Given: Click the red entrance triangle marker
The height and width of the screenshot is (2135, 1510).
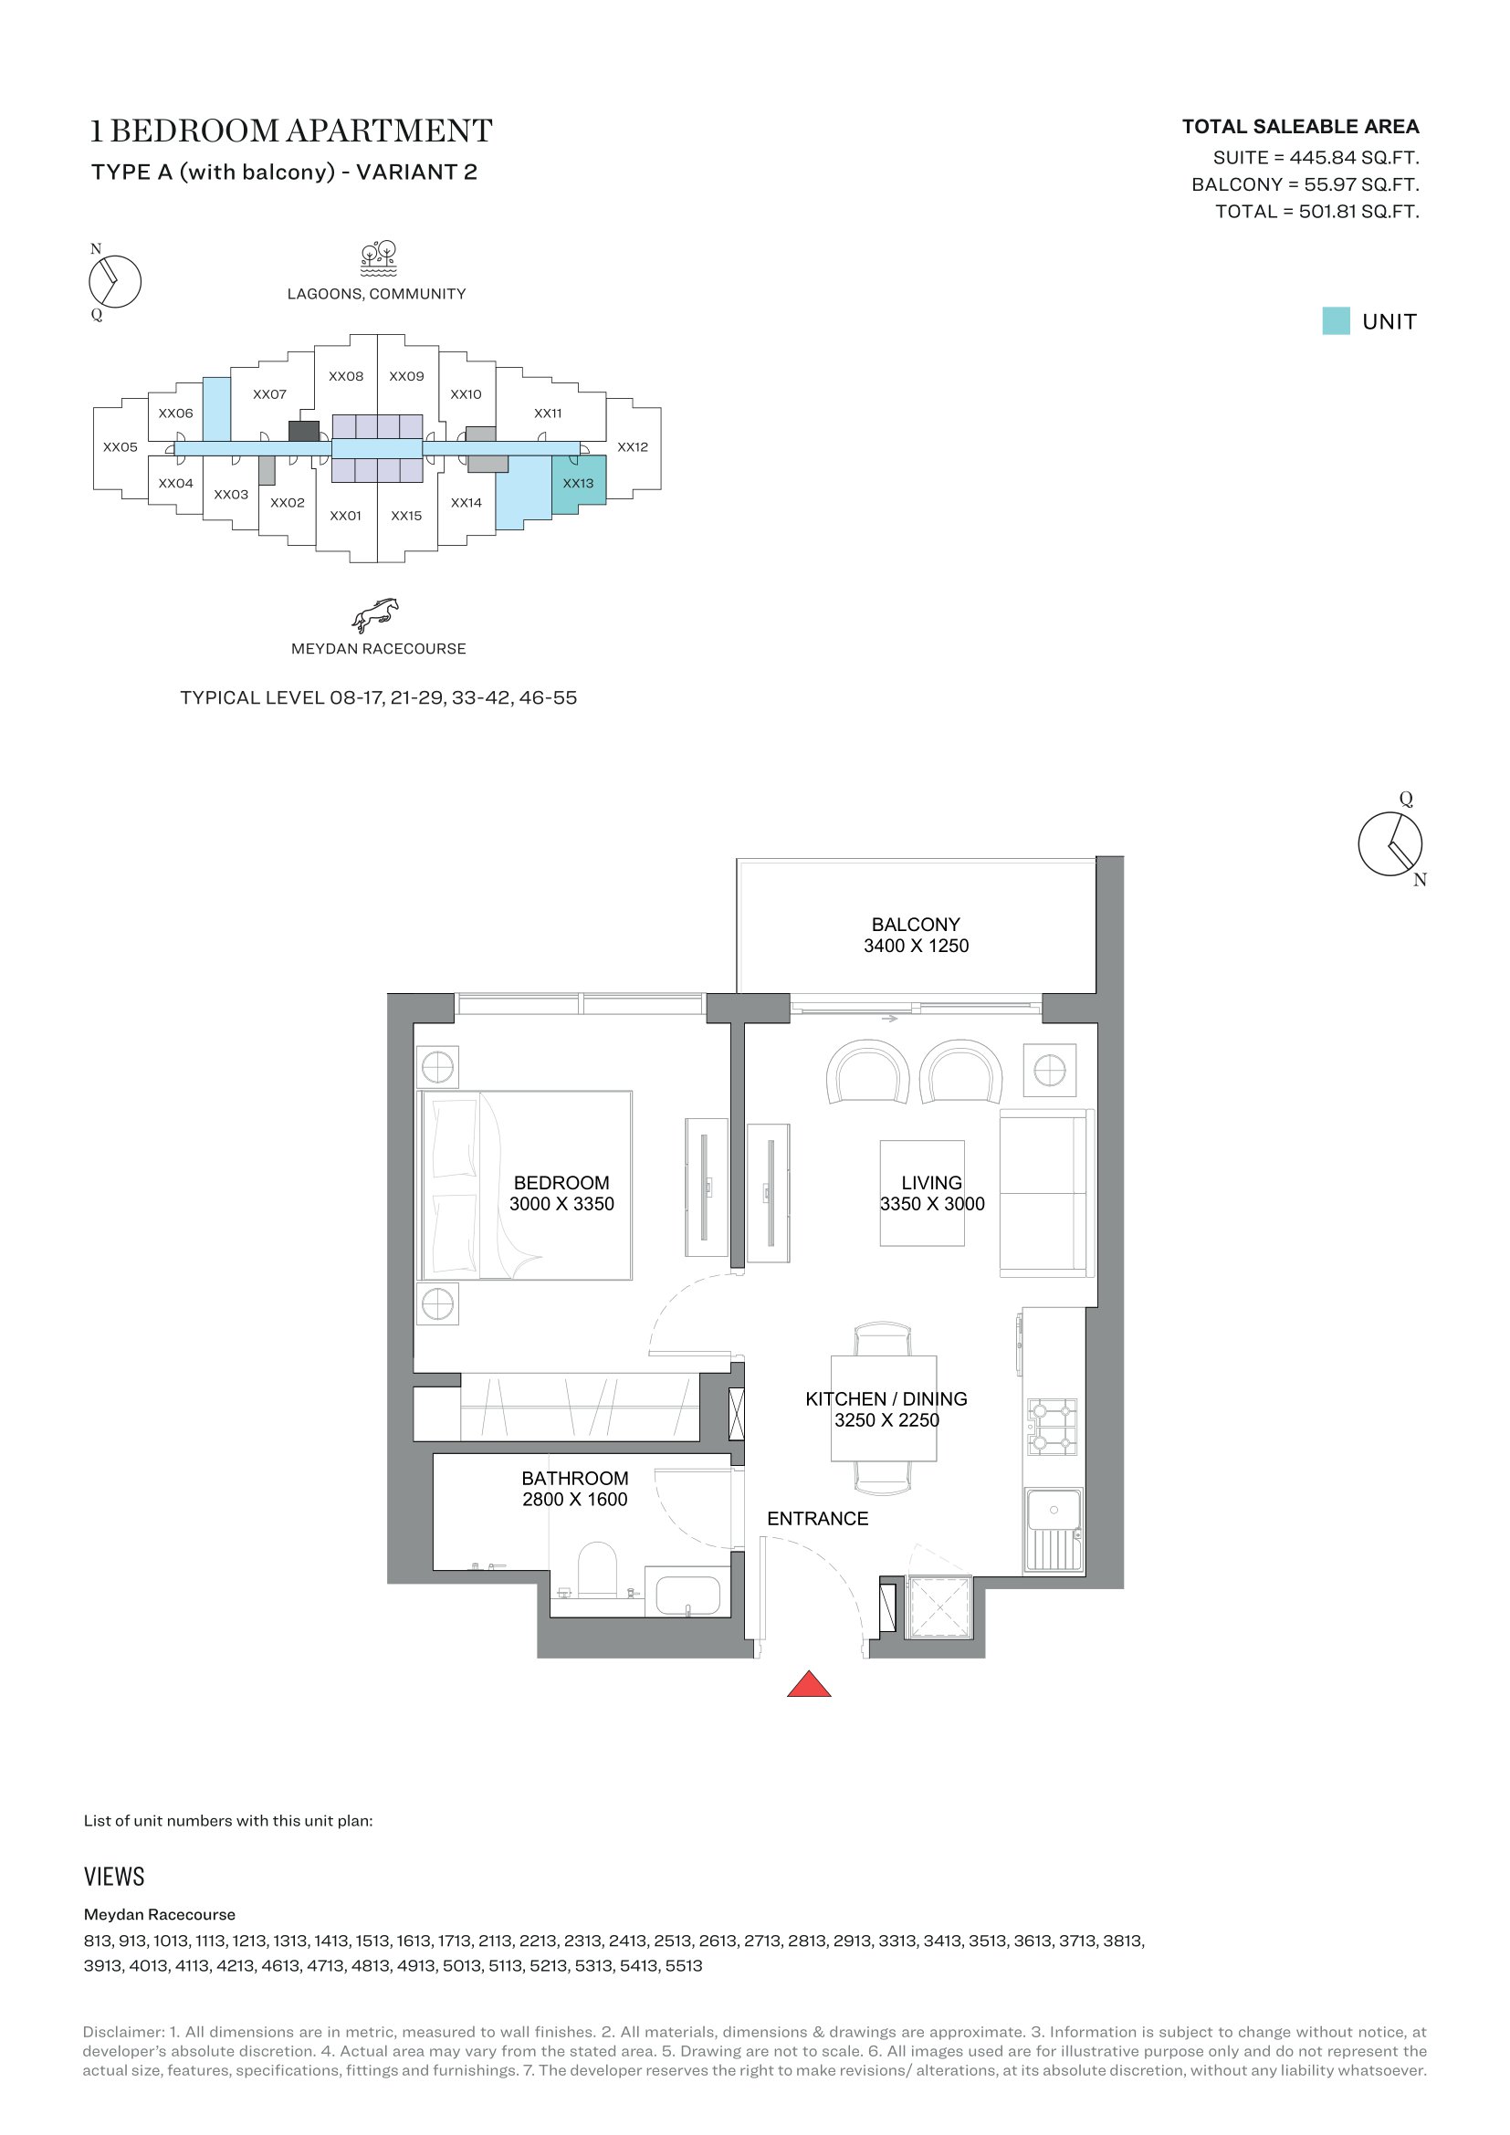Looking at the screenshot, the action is click(809, 1685).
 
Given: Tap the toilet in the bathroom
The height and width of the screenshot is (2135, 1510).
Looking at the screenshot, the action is click(597, 1570).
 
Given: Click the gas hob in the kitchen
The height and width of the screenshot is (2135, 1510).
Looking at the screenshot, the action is click(1052, 1427).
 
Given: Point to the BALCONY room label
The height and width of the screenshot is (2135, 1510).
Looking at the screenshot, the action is click(915, 925).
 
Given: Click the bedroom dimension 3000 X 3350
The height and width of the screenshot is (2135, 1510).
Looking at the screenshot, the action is click(561, 1204).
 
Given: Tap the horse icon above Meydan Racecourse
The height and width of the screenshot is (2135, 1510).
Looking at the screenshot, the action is click(374, 614).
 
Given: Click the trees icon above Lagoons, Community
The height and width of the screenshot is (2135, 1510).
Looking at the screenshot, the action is click(379, 259).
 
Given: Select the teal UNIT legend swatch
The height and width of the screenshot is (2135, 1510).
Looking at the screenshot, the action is click(1336, 320).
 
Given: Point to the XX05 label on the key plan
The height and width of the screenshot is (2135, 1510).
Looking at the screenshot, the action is click(120, 447).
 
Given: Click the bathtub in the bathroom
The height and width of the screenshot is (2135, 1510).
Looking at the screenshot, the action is click(687, 1595).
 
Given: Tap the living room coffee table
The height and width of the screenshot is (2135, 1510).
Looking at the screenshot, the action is click(922, 1193).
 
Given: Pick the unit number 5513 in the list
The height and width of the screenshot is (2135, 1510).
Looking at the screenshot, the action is click(684, 1966).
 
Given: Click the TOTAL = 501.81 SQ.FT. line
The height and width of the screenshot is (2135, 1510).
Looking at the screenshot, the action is click(1316, 212).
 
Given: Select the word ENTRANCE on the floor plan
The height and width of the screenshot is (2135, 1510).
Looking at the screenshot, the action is click(817, 1519).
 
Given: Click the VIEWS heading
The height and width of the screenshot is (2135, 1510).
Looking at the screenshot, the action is click(114, 1877).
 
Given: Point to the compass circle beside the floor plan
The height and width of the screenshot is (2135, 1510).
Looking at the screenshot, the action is click(1390, 843).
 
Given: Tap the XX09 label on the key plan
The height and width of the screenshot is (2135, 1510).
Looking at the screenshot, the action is click(406, 377).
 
